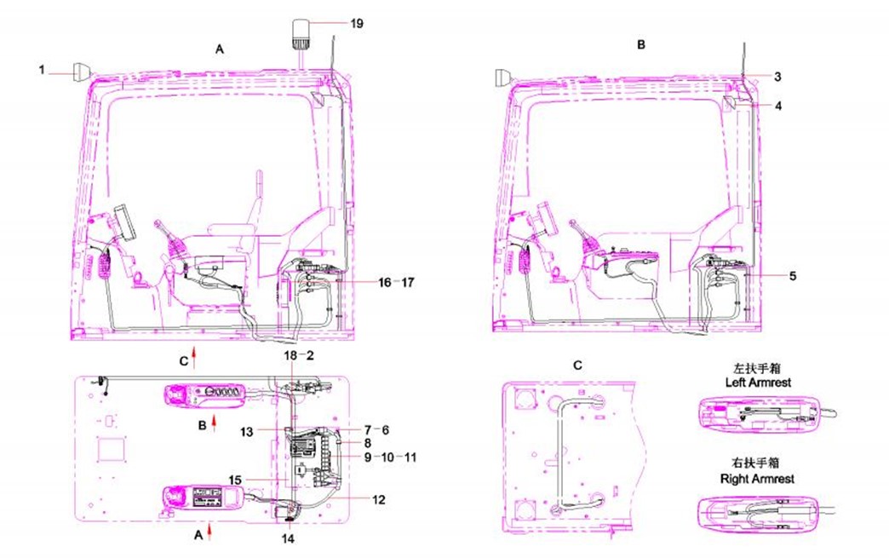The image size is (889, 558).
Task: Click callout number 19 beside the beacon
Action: [x=357, y=23]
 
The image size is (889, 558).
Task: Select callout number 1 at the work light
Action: [x=42, y=70]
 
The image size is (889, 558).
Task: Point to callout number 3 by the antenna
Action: [x=778, y=77]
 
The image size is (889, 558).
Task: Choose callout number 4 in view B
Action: [x=778, y=106]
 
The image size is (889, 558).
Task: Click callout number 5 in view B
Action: [x=793, y=276]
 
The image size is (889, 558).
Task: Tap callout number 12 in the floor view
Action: [x=379, y=499]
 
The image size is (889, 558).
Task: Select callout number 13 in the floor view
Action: [x=247, y=432]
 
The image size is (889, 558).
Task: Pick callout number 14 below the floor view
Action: [x=288, y=538]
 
